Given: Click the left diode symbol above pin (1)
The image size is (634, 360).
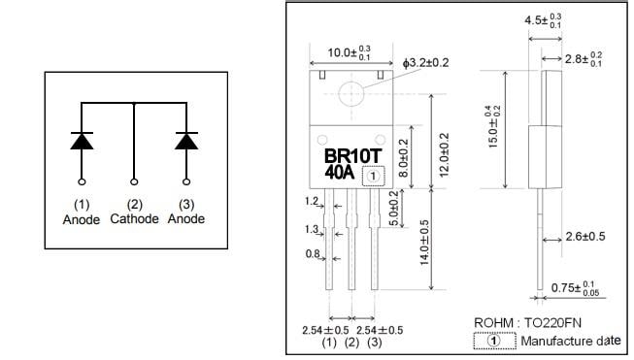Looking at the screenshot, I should [81, 140].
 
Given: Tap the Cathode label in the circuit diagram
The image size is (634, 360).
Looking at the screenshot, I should [133, 219].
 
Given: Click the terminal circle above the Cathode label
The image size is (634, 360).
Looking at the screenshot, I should [133, 181].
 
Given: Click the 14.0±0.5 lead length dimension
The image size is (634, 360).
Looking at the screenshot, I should [424, 254].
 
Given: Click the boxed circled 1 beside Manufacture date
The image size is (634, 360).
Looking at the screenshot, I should [494, 341].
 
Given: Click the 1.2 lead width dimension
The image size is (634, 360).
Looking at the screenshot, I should [312, 202].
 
